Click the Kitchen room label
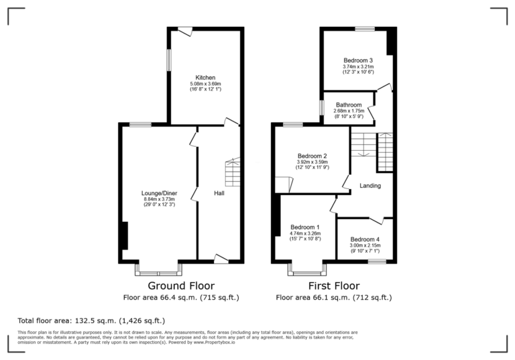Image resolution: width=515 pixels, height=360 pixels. (x=205, y=77)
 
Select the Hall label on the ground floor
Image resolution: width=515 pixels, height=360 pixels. (x=219, y=194)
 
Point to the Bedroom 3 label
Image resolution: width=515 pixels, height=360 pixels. (x=357, y=60)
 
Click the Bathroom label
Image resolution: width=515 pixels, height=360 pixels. (x=349, y=105)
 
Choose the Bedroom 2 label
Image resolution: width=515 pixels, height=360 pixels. (x=312, y=156)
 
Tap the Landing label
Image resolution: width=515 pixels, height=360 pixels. (x=370, y=186)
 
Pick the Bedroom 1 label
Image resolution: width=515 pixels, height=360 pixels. (x=304, y=227)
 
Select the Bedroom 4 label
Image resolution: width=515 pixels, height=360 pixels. (x=365, y=239)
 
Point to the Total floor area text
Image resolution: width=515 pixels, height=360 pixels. (x=91, y=320)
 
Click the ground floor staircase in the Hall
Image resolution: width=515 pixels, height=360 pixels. (x=232, y=173)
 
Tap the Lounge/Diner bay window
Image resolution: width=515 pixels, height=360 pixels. (x=158, y=269)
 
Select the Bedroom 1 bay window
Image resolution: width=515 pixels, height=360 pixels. (x=306, y=269)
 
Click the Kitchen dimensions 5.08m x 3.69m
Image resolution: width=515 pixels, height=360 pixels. (x=205, y=84)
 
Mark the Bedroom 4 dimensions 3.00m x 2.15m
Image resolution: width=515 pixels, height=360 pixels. (x=365, y=246)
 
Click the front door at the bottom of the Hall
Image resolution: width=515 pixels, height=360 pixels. (x=221, y=259)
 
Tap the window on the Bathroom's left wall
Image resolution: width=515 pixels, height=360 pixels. (x=321, y=107)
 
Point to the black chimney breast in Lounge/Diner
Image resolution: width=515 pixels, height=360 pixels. (x=123, y=235)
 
